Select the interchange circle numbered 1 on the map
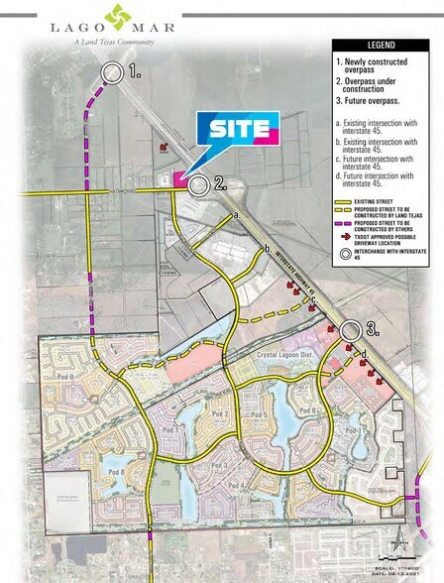112,71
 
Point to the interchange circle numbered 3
350,330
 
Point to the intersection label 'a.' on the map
236,214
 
